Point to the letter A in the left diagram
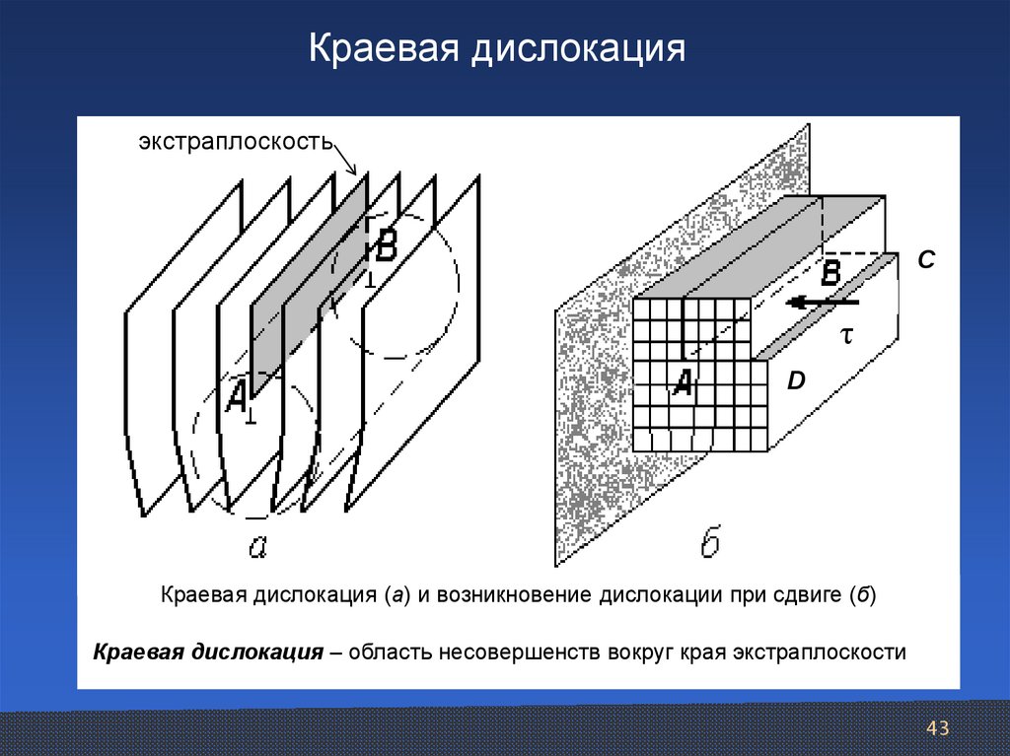237,397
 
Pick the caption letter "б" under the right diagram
709,543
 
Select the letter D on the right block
796,379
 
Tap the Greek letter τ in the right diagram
845,336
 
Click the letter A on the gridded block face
682,381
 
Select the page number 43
937,728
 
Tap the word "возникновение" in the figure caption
514,596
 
